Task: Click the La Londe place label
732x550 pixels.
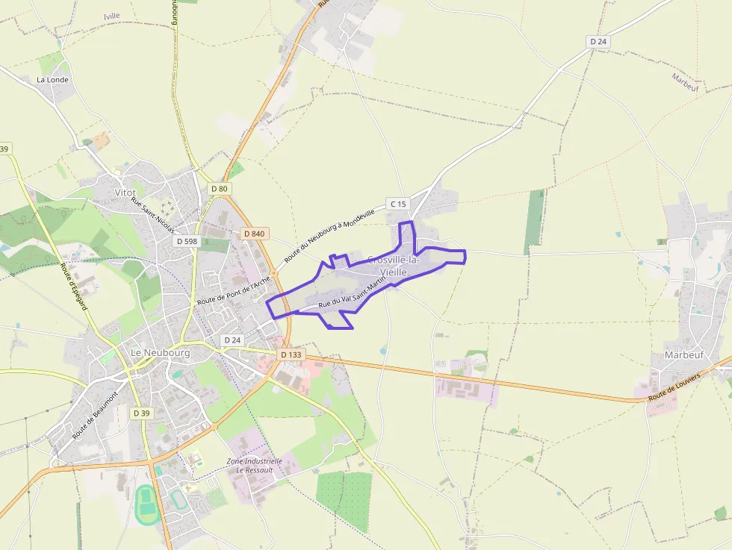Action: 52,79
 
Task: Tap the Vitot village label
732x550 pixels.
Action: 125,193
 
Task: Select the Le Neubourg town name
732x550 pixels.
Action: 160,352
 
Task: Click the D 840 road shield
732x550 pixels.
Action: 254,234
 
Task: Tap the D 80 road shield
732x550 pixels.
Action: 219,189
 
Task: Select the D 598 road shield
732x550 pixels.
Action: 187,241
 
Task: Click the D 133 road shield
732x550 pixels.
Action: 291,354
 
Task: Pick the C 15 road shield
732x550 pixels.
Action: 398,204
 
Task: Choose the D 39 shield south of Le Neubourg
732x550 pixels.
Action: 141,413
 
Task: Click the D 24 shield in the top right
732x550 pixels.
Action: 598,42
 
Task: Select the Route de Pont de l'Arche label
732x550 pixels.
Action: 232,290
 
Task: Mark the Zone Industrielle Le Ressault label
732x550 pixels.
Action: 255,466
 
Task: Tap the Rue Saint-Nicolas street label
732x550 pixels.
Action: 152,214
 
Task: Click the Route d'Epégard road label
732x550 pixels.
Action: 74,287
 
